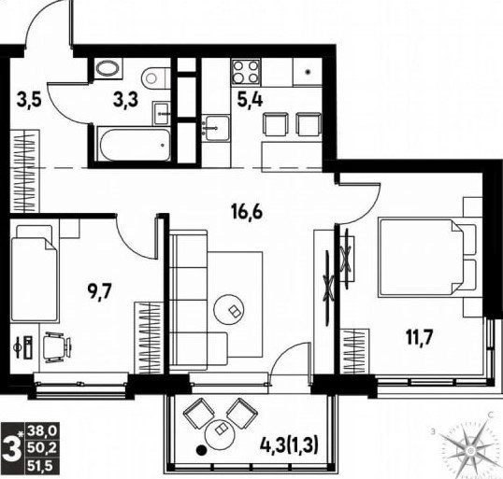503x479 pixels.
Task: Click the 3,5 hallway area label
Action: point(29,100)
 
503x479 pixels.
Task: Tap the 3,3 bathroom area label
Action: point(125,100)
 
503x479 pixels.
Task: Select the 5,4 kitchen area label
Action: point(250,100)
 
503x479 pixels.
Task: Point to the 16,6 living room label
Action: point(247,212)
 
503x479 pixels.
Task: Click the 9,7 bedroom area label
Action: point(99,292)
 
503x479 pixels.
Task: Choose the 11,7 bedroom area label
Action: point(420,337)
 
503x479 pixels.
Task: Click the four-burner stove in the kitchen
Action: point(246,72)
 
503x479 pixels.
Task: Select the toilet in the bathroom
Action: point(155,77)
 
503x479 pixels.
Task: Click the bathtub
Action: point(134,145)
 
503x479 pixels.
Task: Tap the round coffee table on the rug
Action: point(229,309)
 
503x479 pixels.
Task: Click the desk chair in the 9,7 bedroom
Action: point(57,347)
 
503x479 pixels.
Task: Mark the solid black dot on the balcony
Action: point(201,450)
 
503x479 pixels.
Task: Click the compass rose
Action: point(470,451)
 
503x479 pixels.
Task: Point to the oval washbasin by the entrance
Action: point(108,68)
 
